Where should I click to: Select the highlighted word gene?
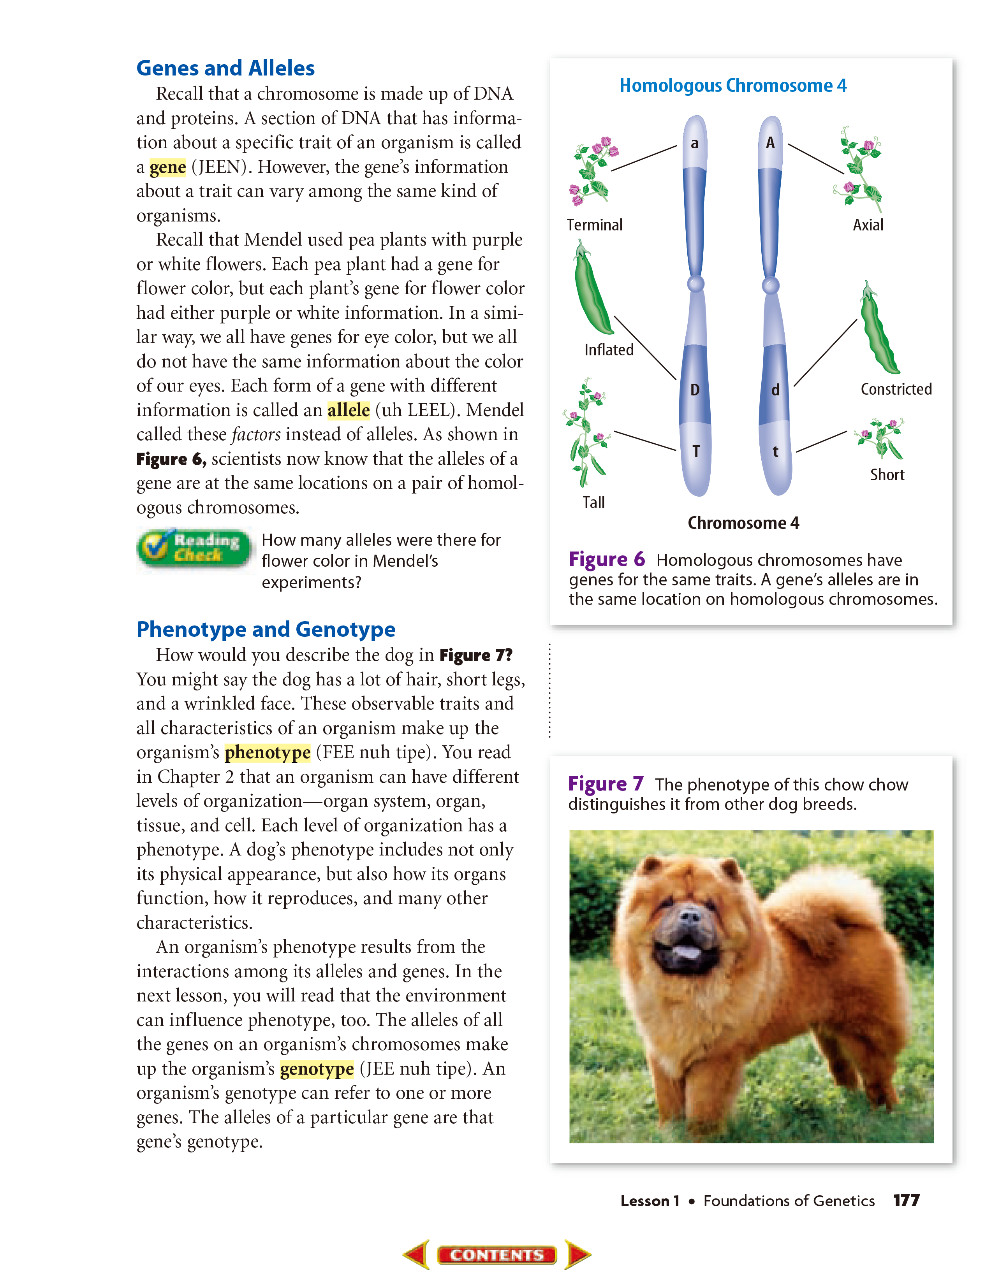click(x=167, y=167)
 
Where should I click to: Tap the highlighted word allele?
click(x=349, y=411)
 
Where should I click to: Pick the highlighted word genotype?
click(x=317, y=1069)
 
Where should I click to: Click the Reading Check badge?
click(x=195, y=548)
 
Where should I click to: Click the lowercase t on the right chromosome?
click(x=775, y=452)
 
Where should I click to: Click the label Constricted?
click(x=896, y=389)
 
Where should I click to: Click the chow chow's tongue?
click(x=687, y=952)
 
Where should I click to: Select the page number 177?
click(x=906, y=1201)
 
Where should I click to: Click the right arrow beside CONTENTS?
click(x=577, y=1254)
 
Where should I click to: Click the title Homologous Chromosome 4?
click(x=732, y=86)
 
